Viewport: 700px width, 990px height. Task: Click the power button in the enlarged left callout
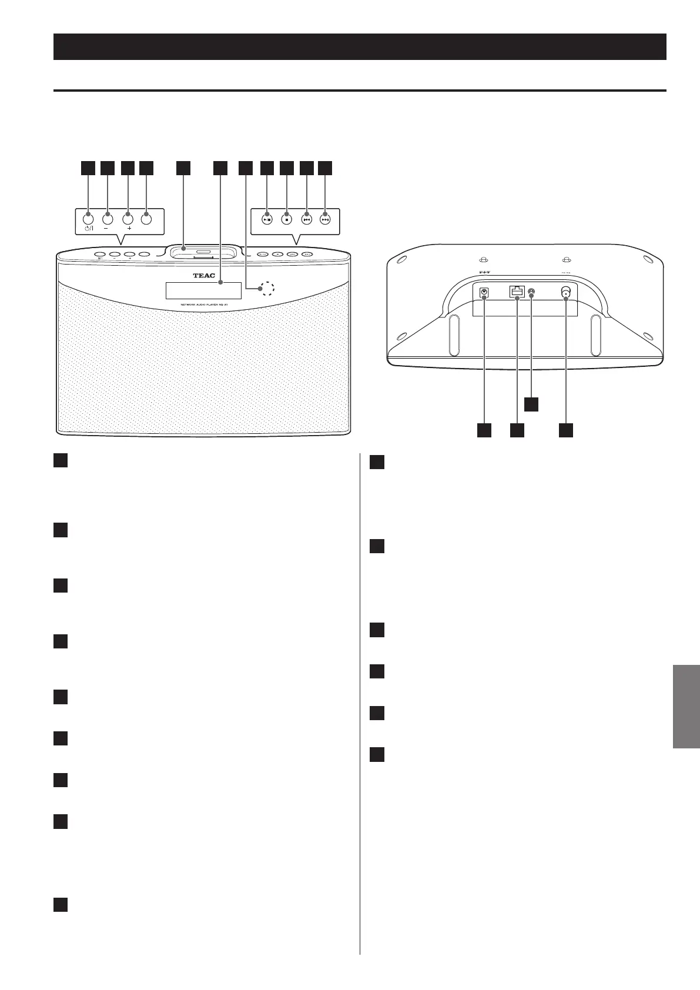[88, 219]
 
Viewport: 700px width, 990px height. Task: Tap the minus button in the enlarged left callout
[108, 219]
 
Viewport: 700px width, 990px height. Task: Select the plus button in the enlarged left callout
[128, 219]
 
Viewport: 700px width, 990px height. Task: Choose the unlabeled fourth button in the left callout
[146, 219]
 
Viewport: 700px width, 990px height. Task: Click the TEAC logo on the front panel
[203, 276]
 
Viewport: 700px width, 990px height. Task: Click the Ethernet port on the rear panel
[517, 292]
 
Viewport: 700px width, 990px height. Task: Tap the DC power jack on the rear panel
[484, 293]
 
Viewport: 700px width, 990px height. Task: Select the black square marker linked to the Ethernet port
[517, 430]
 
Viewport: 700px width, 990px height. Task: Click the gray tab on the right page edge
[686, 706]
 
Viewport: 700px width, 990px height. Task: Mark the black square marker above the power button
[88, 168]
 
